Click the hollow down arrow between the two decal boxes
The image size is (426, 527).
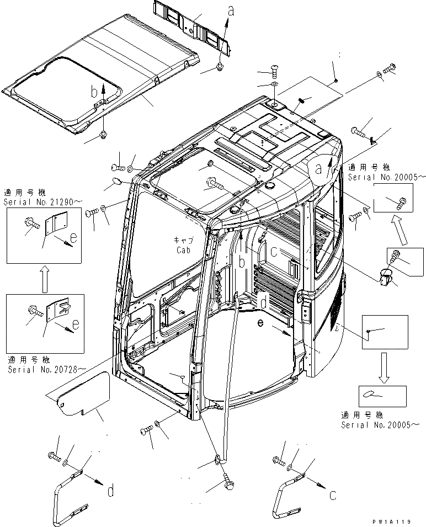coord(384,367)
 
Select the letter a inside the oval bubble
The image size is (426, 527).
coord(319,169)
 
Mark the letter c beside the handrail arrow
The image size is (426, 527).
coord(332,496)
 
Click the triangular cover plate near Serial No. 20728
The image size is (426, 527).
coord(83,394)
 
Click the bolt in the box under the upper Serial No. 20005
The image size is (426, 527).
coord(401,203)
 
